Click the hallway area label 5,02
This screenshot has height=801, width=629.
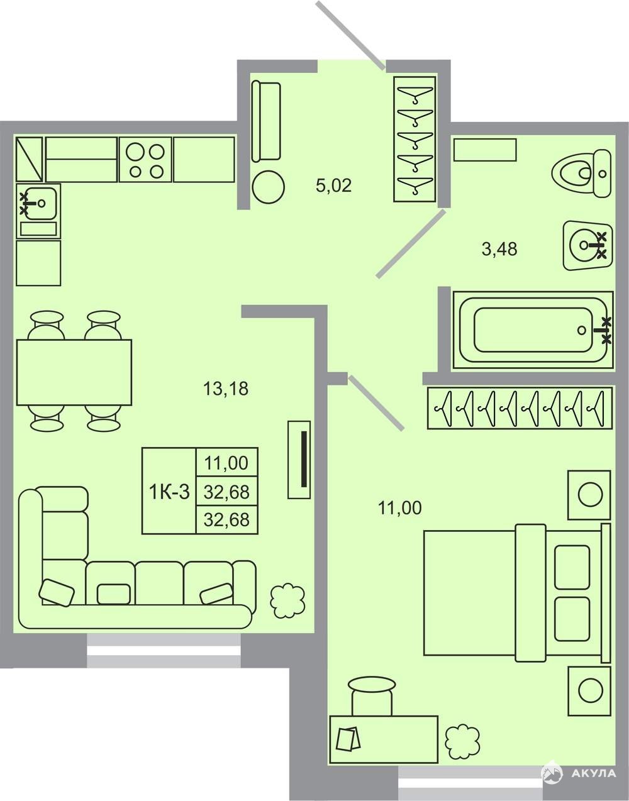[x=333, y=185]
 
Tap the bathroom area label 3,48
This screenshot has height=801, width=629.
[x=499, y=249]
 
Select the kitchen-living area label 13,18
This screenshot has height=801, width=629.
[x=226, y=389]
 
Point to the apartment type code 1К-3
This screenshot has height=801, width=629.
[x=169, y=492]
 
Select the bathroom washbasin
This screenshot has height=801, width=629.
[x=587, y=245]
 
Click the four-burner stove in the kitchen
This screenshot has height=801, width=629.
[x=145, y=160]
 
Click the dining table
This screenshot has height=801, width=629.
[x=74, y=372]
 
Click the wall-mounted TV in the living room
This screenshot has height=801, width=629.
[x=299, y=460]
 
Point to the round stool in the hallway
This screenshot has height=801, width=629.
[x=269, y=187]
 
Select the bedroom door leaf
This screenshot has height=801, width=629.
[x=376, y=403]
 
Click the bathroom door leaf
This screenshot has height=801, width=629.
[x=411, y=243]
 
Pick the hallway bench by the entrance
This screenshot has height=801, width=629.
[x=266, y=121]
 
